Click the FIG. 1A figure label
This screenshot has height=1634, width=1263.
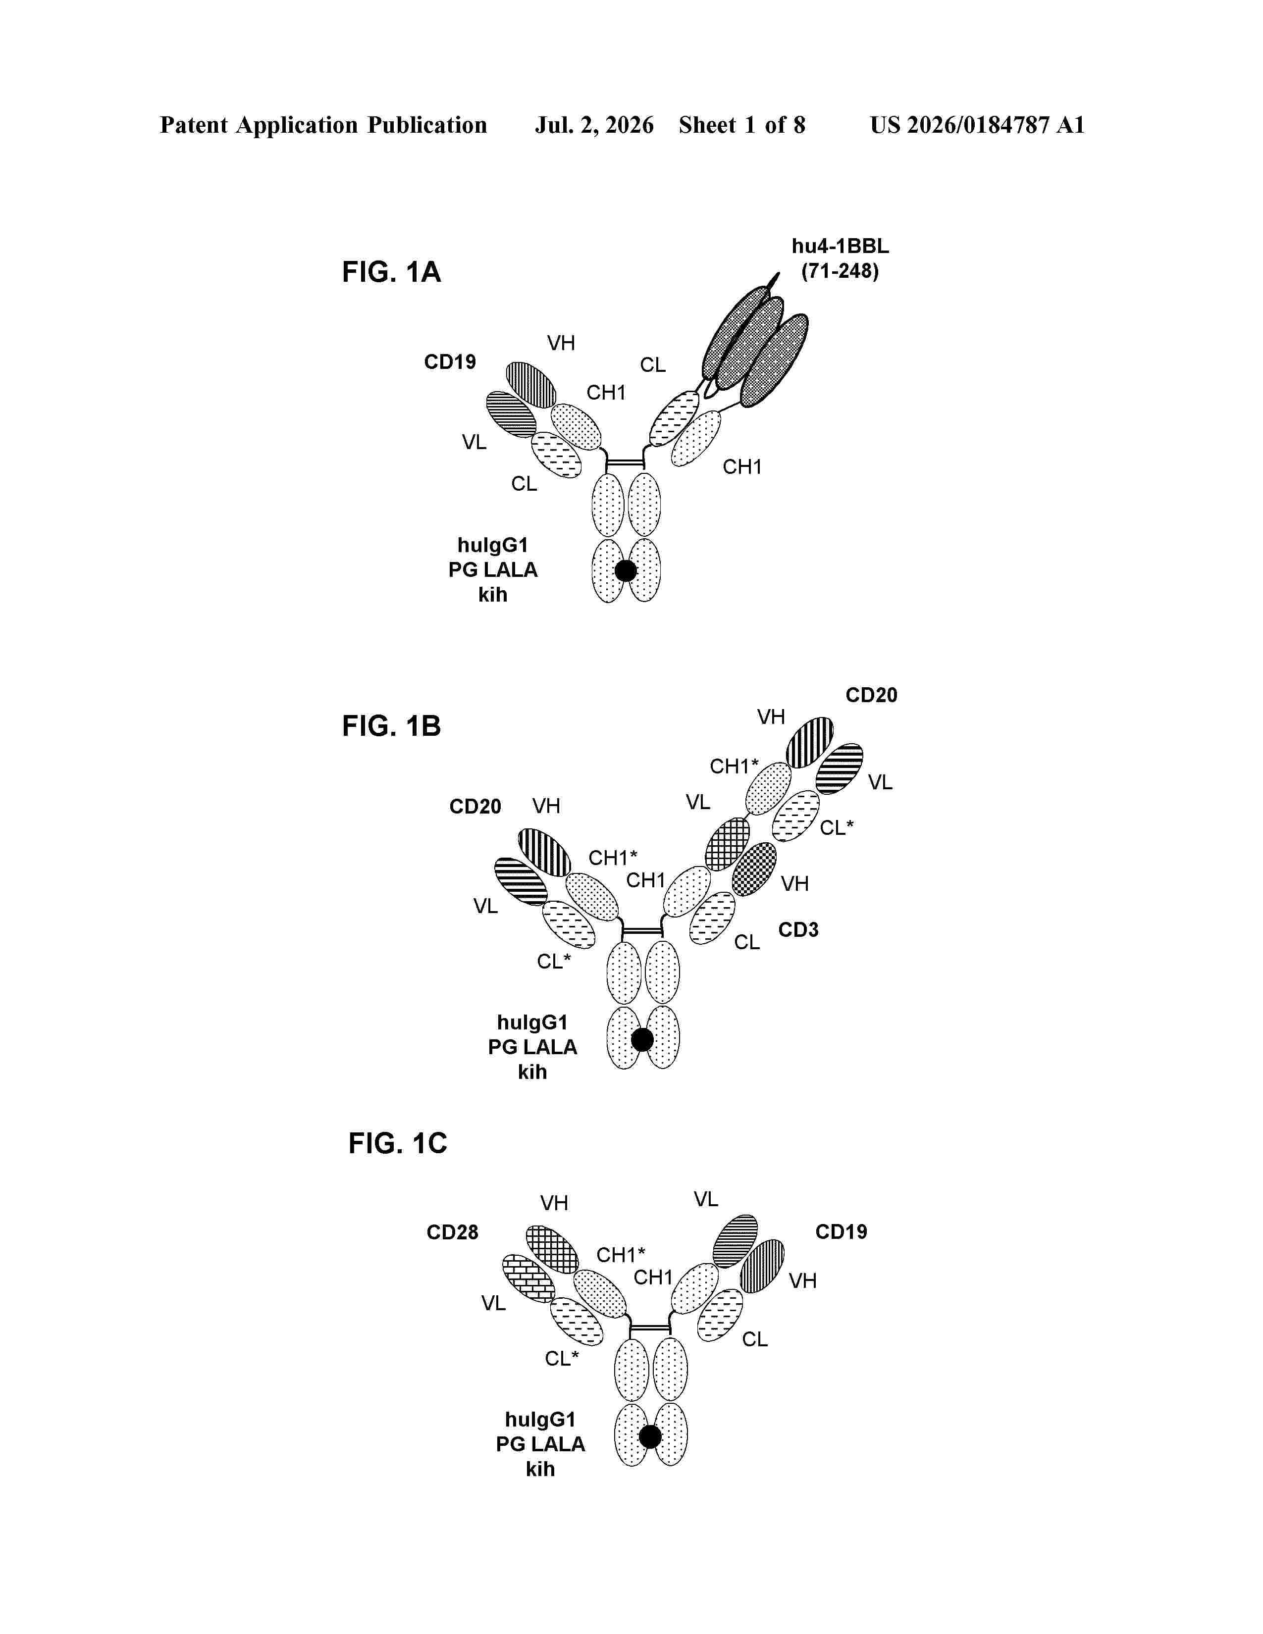coord(391,272)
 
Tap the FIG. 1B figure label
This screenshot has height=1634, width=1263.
coord(391,726)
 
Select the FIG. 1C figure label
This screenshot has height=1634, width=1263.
coord(397,1143)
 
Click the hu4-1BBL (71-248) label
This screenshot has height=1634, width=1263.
coord(840,259)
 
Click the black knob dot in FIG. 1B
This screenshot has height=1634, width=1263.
coord(642,1040)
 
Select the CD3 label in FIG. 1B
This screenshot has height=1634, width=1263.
coord(798,930)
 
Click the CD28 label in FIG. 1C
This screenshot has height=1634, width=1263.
coord(453,1232)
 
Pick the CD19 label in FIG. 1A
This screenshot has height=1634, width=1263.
coord(450,362)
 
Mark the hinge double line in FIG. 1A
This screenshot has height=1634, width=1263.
coord(625,464)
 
